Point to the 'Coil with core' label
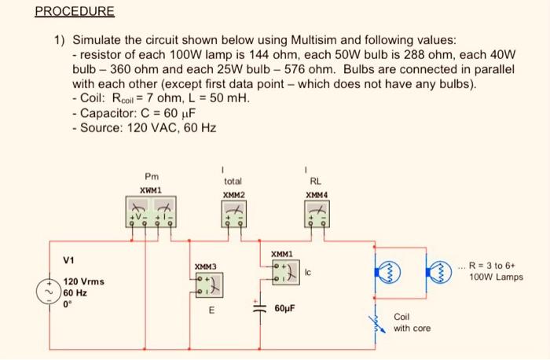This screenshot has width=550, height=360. [411, 322]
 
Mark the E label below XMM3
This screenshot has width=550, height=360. [211, 309]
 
